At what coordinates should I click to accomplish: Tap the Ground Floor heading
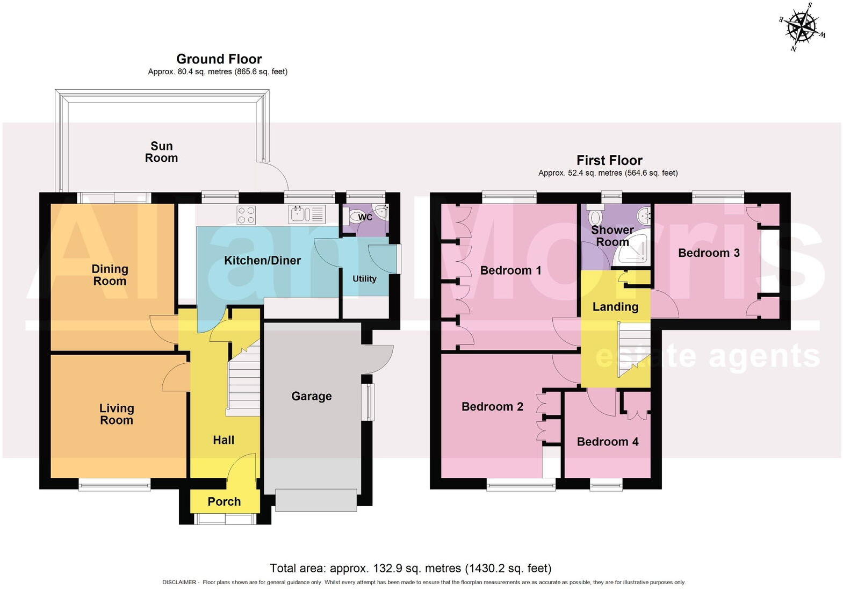pyautogui.click(x=219, y=59)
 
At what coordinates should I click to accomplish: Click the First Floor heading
pyautogui.click(x=609, y=160)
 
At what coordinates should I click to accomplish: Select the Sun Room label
pyautogui.click(x=161, y=152)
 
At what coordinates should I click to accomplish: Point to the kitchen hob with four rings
pyautogui.click(x=246, y=215)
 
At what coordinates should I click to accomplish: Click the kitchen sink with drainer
pyautogui.click(x=307, y=214)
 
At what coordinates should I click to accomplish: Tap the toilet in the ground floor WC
pyautogui.click(x=355, y=217)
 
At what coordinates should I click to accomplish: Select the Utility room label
pyautogui.click(x=364, y=278)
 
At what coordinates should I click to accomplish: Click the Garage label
pyautogui.click(x=311, y=396)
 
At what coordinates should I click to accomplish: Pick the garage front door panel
pyautogui.click(x=316, y=500)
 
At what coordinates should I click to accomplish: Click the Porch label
pyautogui.click(x=224, y=501)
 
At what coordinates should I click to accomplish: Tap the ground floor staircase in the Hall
pyautogui.click(x=244, y=382)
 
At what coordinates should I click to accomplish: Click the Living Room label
pyautogui.click(x=117, y=414)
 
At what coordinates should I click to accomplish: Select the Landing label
pyautogui.click(x=615, y=307)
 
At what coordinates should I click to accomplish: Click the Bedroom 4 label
pyautogui.click(x=607, y=442)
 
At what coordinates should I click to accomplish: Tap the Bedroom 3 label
pyautogui.click(x=709, y=253)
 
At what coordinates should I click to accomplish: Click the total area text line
pyautogui.click(x=410, y=568)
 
